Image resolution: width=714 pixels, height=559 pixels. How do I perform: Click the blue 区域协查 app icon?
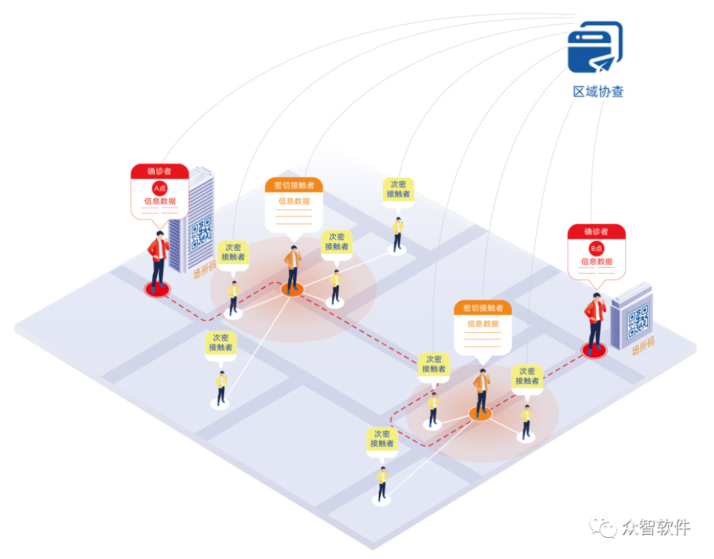pos(594,46)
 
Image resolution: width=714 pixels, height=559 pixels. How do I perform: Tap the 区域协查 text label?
pos(598,92)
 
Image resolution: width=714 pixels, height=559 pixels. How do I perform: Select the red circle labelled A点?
pos(159,188)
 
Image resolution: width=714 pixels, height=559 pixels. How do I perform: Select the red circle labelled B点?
pos(596,249)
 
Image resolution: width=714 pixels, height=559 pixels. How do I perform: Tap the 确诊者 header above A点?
pos(159,171)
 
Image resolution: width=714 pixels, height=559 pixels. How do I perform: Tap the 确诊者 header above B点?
pos(596,232)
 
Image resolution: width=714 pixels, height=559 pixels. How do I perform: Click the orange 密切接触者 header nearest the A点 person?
pos(294,185)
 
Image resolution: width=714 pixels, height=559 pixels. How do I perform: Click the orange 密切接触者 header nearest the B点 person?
pos(483,308)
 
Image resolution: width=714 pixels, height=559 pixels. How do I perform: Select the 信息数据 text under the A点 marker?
pos(159,201)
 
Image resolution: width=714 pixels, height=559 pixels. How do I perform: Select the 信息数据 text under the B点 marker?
pos(596,262)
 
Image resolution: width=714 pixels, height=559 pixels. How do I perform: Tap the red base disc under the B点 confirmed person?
pos(594,351)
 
